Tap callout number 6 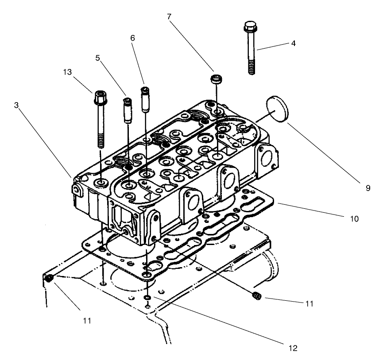[x=132, y=38]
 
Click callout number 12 [x=292, y=349]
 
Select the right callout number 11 [x=309, y=304]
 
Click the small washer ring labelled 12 [x=147, y=299]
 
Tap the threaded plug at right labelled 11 [x=256, y=295]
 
